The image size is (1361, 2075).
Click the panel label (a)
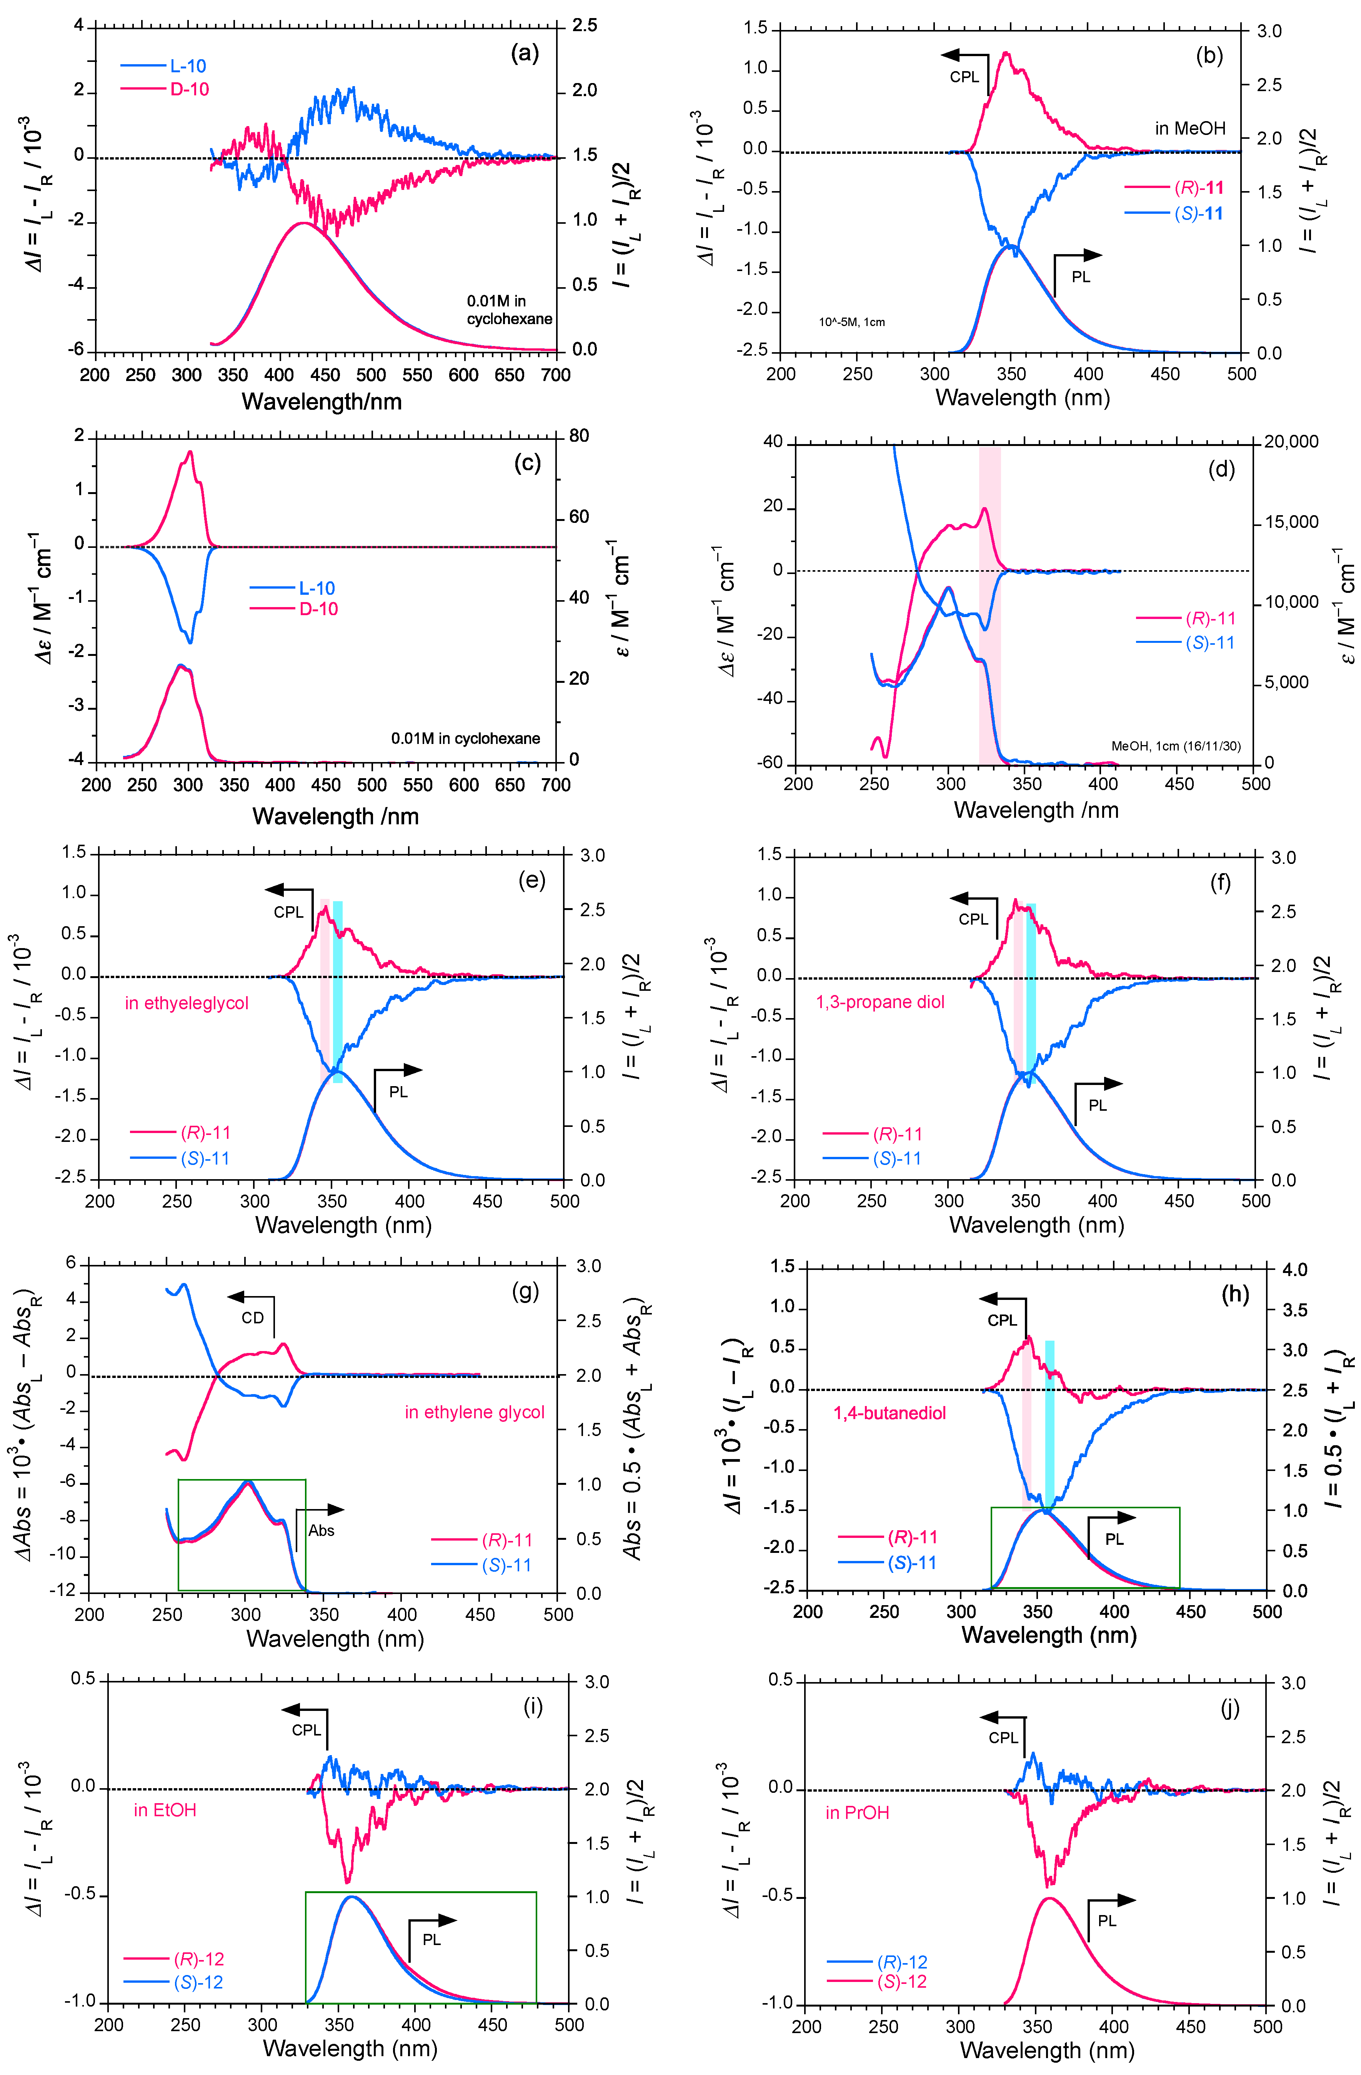[x=524, y=54]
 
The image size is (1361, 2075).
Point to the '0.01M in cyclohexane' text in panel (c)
[x=465, y=739]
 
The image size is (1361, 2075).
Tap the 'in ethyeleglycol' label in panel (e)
[x=187, y=1003]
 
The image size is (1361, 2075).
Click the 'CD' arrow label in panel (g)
[x=252, y=1317]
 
